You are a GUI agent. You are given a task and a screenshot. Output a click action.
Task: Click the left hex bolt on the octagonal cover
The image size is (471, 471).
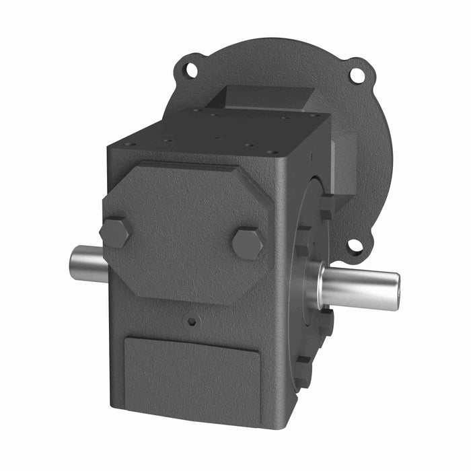115,233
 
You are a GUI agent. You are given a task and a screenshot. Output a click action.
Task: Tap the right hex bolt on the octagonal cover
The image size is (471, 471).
248,243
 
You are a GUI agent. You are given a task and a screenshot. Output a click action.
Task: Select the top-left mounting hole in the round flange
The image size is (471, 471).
190,69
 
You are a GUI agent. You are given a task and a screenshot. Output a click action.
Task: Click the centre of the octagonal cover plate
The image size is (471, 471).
185,229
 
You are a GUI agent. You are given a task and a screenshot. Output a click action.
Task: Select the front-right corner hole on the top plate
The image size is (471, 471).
271,153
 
